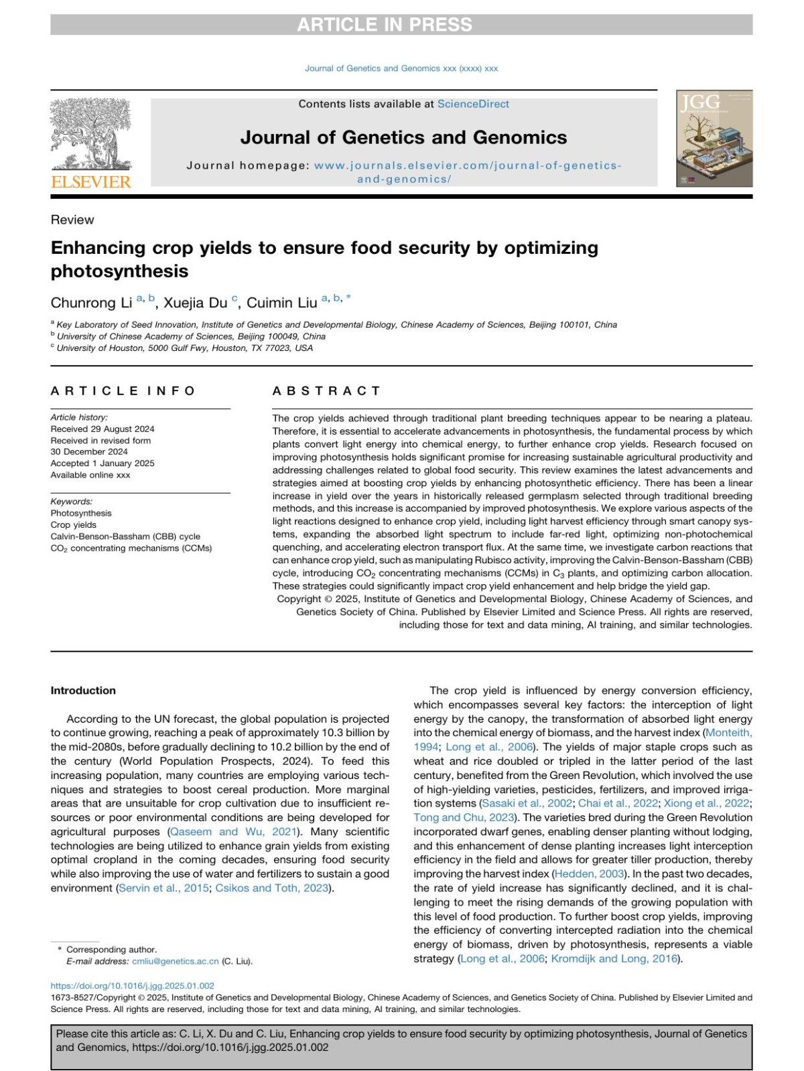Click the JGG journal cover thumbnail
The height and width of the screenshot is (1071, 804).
(x=714, y=139)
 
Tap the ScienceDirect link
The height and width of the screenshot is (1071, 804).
(x=473, y=104)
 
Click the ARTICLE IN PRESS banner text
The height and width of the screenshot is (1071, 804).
(x=385, y=25)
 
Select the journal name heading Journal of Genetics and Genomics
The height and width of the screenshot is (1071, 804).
(x=403, y=137)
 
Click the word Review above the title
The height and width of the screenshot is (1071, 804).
(x=72, y=220)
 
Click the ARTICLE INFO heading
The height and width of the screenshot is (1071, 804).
(x=123, y=390)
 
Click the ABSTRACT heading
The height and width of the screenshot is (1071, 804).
(x=327, y=390)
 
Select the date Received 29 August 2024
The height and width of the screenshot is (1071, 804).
(x=103, y=429)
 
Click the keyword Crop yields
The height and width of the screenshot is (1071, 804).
(x=74, y=524)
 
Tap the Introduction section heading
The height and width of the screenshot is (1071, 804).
(x=83, y=691)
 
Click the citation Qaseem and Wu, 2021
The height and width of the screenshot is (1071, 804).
(x=233, y=831)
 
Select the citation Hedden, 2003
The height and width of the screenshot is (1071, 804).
(x=590, y=873)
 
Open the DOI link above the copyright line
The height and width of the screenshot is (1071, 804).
(x=133, y=985)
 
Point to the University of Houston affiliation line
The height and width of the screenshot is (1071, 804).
(x=184, y=348)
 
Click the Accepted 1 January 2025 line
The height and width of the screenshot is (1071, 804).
(x=103, y=463)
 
